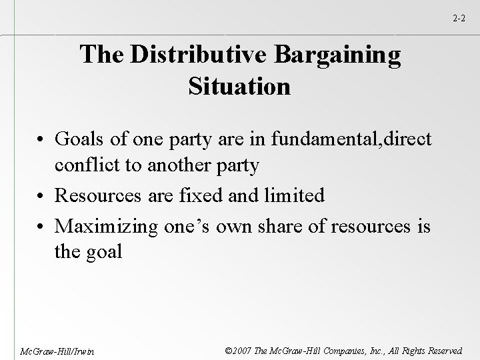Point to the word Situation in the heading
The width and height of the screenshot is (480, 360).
click(239, 86)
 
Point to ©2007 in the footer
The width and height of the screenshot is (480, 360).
click(237, 349)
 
